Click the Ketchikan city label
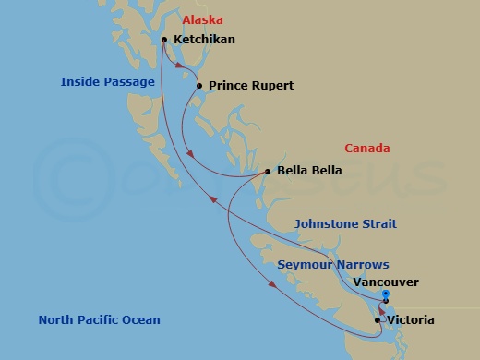click(x=204, y=40)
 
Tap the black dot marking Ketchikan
click(x=163, y=40)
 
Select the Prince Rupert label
click(x=251, y=86)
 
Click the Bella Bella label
click(x=309, y=171)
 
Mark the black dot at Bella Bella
click(x=268, y=171)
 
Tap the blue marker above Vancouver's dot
click(x=385, y=294)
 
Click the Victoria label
click(x=411, y=320)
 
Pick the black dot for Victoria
click(x=378, y=320)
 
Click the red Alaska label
click(x=202, y=19)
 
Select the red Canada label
click(x=366, y=149)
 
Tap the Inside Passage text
click(x=107, y=82)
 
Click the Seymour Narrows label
click(x=333, y=264)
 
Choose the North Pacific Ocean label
click(x=99, y=320)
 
